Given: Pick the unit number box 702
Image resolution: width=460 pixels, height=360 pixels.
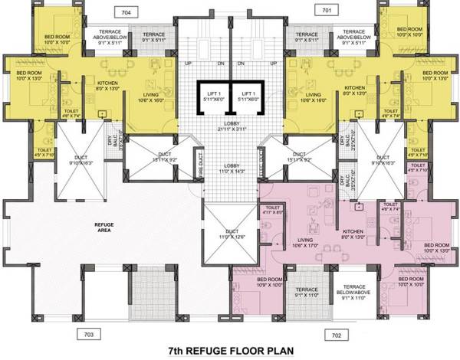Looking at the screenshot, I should pyautogui.click(x=336, y=334).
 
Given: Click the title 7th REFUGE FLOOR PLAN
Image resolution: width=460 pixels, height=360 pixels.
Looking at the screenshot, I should pyautogui.click(x=229, y=352).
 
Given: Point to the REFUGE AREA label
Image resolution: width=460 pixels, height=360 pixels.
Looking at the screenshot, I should pyautogui.click(x=104, y=227).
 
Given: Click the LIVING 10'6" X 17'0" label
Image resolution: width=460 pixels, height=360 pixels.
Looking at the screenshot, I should pyautogui.click(x=303, y=244).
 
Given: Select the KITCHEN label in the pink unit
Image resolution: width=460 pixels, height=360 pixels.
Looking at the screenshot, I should pyautogui.click(x=353, y=234).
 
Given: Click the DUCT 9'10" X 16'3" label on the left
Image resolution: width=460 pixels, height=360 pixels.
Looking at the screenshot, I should pyautogui.click(x=80, y=162).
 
